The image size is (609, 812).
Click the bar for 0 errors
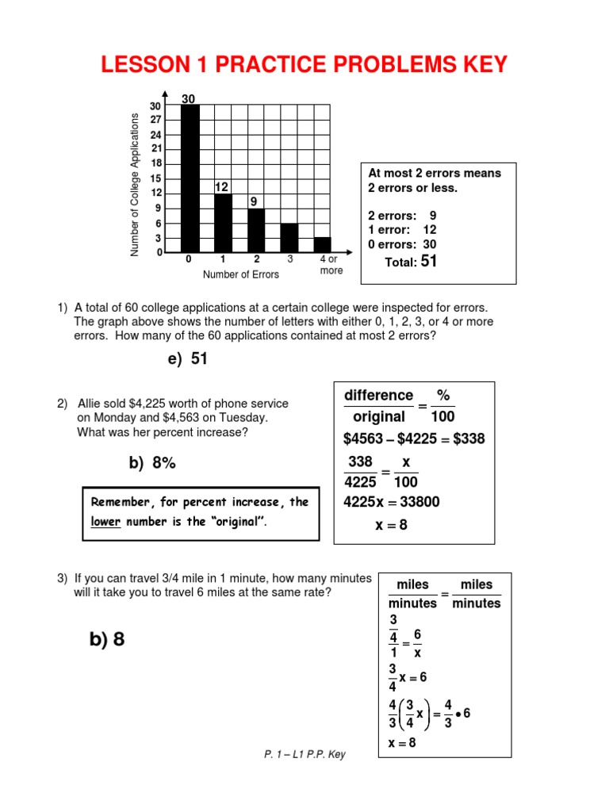tap(190, 178)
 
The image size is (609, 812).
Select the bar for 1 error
tap(223, 223)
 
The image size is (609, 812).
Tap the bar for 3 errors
tap(289, 237)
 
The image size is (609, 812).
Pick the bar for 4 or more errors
tap(323, 244)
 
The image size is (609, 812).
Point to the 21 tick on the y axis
tap(156, 148)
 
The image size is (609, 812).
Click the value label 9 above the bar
tap(254, 202)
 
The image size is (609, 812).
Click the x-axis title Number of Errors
tap(241, 274)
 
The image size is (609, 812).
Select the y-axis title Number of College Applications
tap(135, 185)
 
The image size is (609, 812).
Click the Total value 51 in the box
tap(429, 261)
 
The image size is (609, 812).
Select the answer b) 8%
tap(152, 464)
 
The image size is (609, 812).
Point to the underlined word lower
tap(105, 523)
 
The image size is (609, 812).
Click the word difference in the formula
tap(378, 395)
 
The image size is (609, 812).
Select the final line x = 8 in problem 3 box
tap(403, 743)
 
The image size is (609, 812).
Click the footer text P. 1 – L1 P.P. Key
tap(304, 755)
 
